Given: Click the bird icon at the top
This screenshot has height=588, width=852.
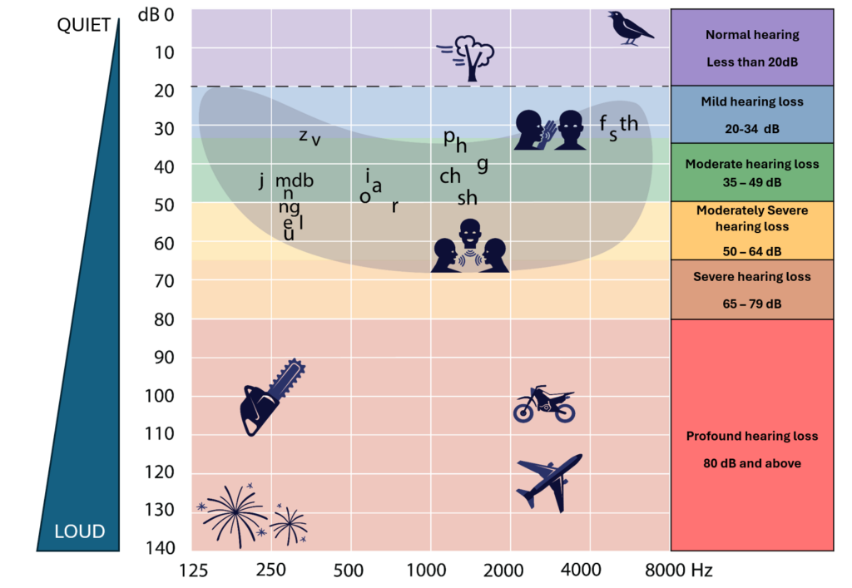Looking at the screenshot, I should pyautogui.click(x=630, y=27).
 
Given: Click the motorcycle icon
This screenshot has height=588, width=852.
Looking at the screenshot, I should pyautogui.click(x=544, y=404).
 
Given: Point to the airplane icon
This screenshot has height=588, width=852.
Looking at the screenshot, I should pyautogui.click(x=548, y=482).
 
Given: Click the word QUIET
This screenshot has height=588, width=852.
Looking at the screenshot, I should pyautogui.click(x=83, y=24).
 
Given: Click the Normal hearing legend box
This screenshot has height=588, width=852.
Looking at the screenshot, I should pyautogui.click(x=751, y=47).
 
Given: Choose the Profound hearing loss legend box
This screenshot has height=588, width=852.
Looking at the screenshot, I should pyautogui.click(x=751, y=449).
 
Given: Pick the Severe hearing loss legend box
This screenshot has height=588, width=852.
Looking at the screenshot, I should pyautogui.click(x=751, y=289).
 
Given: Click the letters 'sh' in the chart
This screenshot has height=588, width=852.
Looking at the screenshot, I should pyautogui.click(x=468, y=198).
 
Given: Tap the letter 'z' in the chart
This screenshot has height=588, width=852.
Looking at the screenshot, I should pyautogui.click(x=304, y=135).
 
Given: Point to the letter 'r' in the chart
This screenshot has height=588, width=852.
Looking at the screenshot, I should pyautogui.click(x=395, y=206).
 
